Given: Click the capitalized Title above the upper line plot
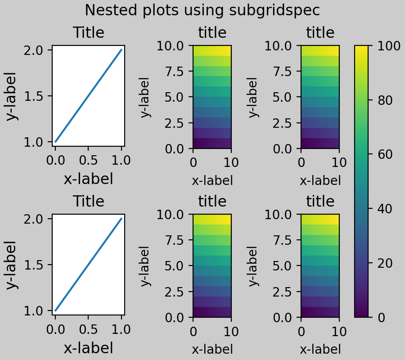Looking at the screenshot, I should [88, 33].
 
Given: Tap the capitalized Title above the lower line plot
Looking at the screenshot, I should [88, 202].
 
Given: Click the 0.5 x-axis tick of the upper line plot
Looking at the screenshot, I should [88, 160].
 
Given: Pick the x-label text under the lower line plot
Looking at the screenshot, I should [88, 348].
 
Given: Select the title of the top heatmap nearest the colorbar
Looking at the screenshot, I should [320, 33].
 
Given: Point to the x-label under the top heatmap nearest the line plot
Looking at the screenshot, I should [212, 180].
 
